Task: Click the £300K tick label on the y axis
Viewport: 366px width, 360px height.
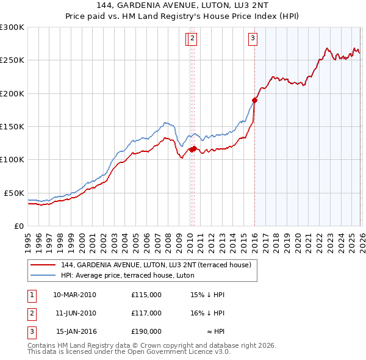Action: coord(12,27)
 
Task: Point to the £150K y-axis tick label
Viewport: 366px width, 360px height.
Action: coord(12,126)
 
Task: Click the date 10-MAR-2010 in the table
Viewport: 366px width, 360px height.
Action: coord(74,295)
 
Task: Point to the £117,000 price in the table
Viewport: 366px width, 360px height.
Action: coord(146,313)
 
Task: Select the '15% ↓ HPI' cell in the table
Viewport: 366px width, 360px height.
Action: coord(207,295)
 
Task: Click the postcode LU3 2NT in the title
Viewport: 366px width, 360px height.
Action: coord(221,7)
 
